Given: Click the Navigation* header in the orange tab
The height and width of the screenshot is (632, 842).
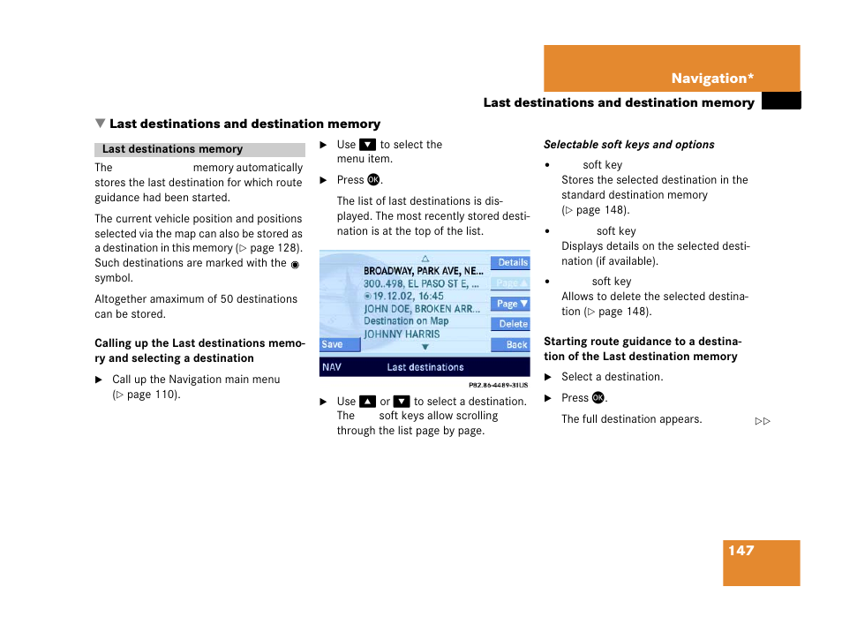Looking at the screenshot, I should [x=711, y=79].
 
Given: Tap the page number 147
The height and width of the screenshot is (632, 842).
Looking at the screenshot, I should [x=741, y=551].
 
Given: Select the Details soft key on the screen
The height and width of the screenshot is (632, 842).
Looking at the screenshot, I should [x=511, y=262].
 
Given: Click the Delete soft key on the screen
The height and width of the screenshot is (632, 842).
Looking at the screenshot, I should [x=511, y=324].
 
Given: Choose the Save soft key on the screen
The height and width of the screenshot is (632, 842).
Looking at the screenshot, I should [x=333, y=345].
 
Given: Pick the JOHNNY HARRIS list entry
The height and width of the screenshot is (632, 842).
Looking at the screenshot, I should [x=402, y=335].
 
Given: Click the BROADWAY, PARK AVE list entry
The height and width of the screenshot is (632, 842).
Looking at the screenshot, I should [x=423, y=271].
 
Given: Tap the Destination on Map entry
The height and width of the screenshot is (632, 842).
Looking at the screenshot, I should [x=406, y=321].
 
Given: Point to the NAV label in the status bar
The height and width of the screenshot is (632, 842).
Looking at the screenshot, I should [x=332, y=367].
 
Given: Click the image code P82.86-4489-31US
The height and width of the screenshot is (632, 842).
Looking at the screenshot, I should [x=498, y=385].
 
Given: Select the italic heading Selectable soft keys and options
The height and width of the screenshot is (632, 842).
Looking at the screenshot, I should [x=628, y=145].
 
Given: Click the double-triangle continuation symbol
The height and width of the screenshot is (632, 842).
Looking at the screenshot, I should [x=763, y=421].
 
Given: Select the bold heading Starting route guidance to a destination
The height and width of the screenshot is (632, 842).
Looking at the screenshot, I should [x=642, y=349].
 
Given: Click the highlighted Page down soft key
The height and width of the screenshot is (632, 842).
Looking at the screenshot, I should [x=511, y=304].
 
